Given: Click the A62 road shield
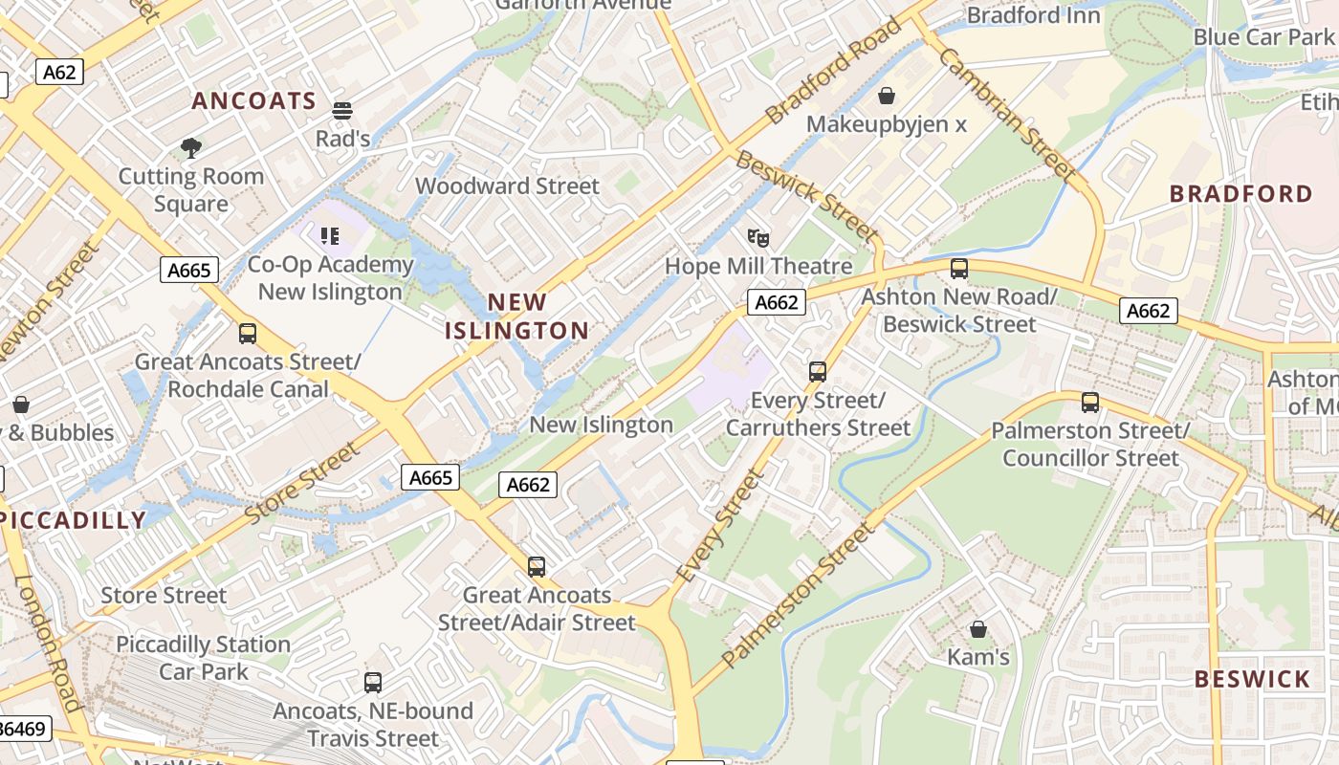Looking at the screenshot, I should click(x=60, y=72).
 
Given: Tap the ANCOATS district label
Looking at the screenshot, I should click(x=253, y=101).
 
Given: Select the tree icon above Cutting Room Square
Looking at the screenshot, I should click(x=190, y=147).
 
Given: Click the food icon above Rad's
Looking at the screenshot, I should click(x=342, y=110).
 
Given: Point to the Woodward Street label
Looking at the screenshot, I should click(x=507, y=186).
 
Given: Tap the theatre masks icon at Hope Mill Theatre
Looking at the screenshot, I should click(x=758, y=237).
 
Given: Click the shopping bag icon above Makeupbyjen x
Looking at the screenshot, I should click(x=887, y=96).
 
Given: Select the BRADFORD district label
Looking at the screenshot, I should click(x=1241, y=194).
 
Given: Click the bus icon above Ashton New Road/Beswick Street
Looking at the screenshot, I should click(x=959, y=269).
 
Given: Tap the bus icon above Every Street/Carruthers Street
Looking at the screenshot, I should click(x=818, y=372).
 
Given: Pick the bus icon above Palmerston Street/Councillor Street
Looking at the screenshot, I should click(x=1090, y=403).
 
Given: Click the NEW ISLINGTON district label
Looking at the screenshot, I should click(x=517, y=317).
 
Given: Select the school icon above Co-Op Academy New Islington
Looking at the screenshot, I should click(x=330, y=235).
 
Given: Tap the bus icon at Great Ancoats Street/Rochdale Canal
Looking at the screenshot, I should click(x=248, y=334).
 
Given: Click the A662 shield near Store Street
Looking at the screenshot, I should click(x=528, y=485).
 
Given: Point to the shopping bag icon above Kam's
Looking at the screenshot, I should click(x=978, y=629).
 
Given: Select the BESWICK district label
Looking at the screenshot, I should click(x=1252, y=680).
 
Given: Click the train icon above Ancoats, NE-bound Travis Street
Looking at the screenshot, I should click(x=373, y=683).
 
